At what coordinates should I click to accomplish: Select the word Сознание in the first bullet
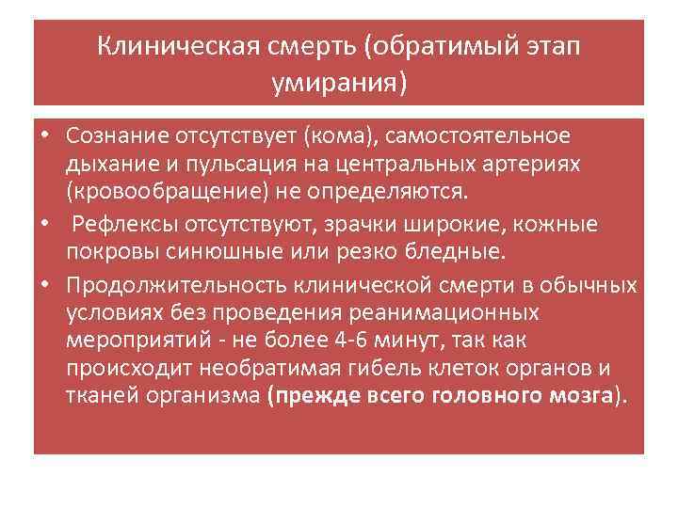pyautogui.click(x=118, y=136)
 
